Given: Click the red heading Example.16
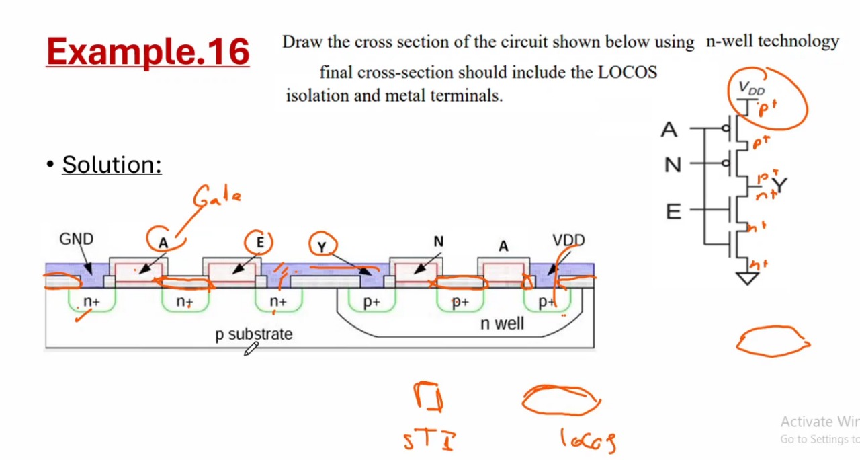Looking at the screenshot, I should pyautogui.click(x=148, y=51).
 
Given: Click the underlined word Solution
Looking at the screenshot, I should pyautogui.click(x=112, y=164).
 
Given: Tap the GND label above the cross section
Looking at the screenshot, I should pyautogui.click(x=76, y=239).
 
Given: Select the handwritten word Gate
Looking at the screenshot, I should pyautogui.click(x=216, y=197).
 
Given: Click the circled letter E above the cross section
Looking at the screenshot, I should pyautogui.click(x=259, y=242).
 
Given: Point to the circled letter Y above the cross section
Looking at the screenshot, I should pyautogui.click(x=322, y=247).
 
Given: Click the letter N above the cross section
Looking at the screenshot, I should pyautogui.click(x=439, y=241).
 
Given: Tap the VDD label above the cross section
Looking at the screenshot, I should pyautogui.click(x=568, y=240).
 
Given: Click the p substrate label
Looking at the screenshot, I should pyautogui.click(x=254, y=334).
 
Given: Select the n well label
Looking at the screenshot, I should pyautogui.click(x=502, y=323).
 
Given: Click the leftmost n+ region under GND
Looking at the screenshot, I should pyautogui.click(x=91, y=302).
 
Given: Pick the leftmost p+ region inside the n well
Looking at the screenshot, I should pyautogui.click(x=372, y=303).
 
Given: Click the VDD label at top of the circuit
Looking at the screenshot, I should pyautogui.click(x=751, y=88).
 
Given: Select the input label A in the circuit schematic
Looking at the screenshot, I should pyautogui.click(x=669, y=130).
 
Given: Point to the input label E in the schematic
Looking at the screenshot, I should pyautogui.click(x=673, y=213).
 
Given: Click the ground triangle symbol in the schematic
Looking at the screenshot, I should pyautogui.click(x=747, y=278).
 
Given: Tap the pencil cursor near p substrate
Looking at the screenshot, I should pyautogui.click(x=251, y=348).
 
